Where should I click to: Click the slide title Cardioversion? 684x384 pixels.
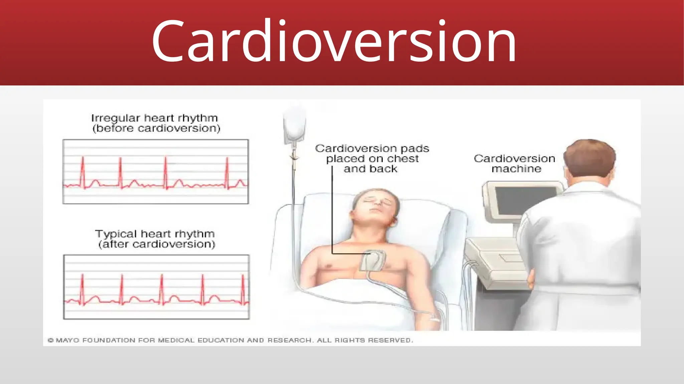pyautogui.click(x=334, y=42)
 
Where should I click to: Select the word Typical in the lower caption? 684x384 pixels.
pyautogui.click(x=116, y=234)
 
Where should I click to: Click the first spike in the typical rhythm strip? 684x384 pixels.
pyautogui.click(x=82, y=287)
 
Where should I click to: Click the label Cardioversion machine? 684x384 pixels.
pyautogui.click(x=515, y=163)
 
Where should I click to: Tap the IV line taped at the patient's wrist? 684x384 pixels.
pyautogui.click(x=434, y=318)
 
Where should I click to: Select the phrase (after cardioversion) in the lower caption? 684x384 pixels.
pyautogui.click(x=157, y=244)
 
